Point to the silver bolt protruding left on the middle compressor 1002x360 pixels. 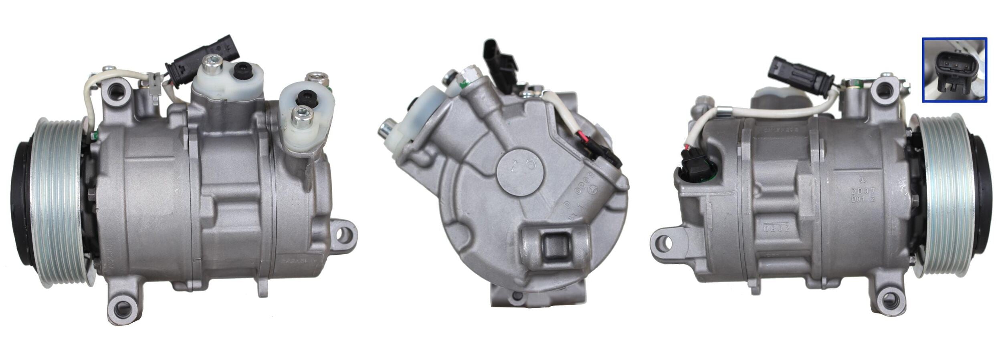coord(386,129)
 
